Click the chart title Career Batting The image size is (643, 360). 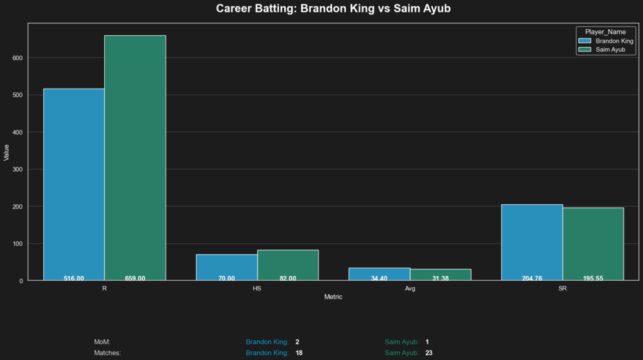coord(333,9)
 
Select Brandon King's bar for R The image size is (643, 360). coord(74,182)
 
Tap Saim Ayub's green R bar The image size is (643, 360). coord(135,157)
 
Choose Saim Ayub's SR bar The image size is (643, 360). coord(593,242)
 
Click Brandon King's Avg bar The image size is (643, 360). coord(379,272)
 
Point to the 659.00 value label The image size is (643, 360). coord(135,278)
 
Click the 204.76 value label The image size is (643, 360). coord(532,278)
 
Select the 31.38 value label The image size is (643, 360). coord(440,278)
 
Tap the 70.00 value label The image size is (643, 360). coord(227,278)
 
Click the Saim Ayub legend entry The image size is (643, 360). coord(610,49)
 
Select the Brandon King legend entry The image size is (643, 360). coord(613,41)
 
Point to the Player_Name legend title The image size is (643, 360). coord(605,31)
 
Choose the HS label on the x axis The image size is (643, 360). coord(257,288)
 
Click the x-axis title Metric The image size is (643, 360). coord(333,297)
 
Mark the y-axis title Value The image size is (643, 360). coord(6,152)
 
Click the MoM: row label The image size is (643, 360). coord(102,342)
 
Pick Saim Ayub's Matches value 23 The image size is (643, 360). coord(429,353)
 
